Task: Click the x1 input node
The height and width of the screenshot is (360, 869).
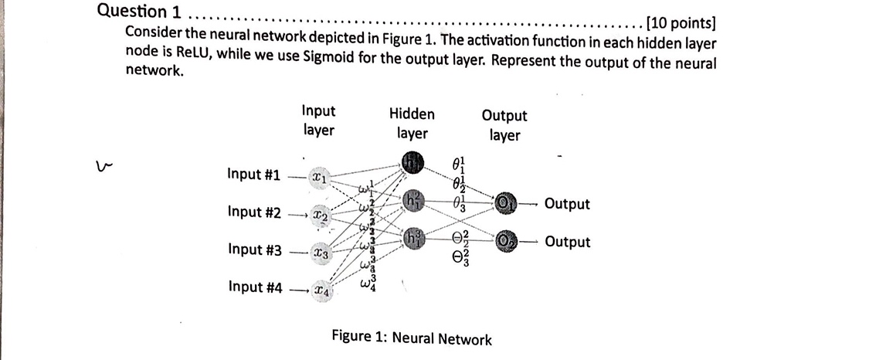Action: (319, 176)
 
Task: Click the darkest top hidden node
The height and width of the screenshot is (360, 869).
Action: (412, 162)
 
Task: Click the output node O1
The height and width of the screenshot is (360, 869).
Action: (504, 203)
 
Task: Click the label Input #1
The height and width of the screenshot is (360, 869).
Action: (254, 174)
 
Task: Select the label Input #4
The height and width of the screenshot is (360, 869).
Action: (254, 287)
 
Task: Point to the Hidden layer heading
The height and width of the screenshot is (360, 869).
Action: (412, 124)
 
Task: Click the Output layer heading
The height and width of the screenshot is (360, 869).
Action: (504, 125)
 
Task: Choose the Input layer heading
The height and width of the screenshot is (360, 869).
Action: (318, 121)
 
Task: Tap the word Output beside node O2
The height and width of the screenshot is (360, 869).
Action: (567, 242)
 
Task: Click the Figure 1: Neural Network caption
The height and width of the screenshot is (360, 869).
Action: (411, 338)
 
